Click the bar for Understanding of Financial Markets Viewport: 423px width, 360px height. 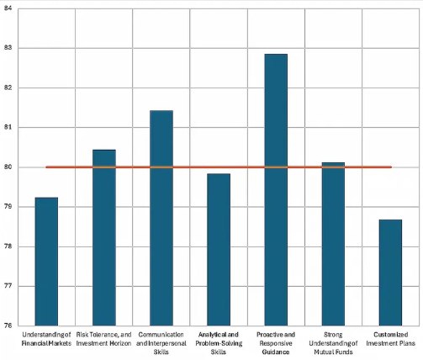[x=46, y=261]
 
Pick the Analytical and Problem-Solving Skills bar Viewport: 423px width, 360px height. [x=219, y=249]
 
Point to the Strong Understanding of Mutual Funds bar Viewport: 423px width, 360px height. [x=333, y=244]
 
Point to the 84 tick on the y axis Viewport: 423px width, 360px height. [x=7, y=8]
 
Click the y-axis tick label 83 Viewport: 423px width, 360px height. [x=7, y=48]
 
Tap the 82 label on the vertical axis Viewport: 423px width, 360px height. [x=7, y=87]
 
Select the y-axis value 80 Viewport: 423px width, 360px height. [x=7, y=167]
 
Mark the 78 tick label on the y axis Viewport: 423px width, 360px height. [x=7, y=246]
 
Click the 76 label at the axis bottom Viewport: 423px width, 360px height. [x=7, y=326]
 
